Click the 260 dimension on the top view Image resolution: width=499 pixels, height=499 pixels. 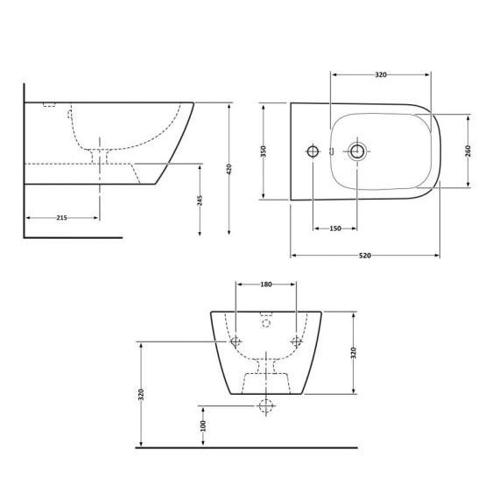tap(469, 150)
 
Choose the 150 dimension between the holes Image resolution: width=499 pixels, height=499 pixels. tap(334, 228)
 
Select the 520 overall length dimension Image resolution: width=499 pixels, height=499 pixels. tap(364, 255)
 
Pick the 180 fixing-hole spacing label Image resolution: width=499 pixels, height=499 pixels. tap(266, 285)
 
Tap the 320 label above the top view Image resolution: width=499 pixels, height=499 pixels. tap(381, 75)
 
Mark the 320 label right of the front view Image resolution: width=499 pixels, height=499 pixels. tap(354, 353)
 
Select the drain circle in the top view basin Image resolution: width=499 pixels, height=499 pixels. tap(357, 151)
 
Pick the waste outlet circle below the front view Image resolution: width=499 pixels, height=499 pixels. tap(266, 405)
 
